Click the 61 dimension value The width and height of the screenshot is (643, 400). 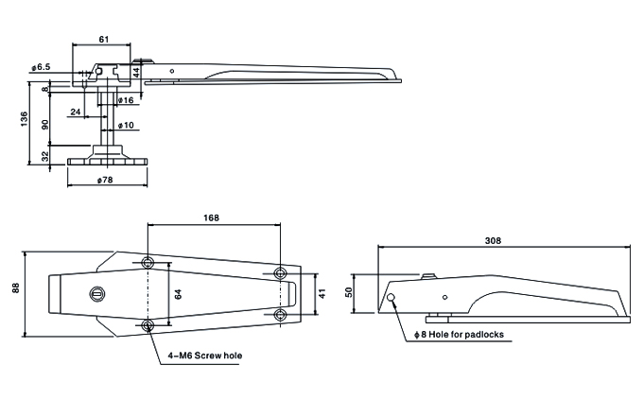click(104, 39)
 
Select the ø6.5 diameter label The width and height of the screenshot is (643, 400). click(41, 67)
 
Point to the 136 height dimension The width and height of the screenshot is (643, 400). click(24, 119)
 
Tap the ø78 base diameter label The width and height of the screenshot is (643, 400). click(105, 180)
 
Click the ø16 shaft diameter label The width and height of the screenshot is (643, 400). click(126, 100)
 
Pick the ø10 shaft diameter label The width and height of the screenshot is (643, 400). click(126, 125)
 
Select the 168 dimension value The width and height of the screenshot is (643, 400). click(211, 217)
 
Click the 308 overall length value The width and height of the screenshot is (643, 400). click(493, 240)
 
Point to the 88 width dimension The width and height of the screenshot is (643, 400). click(15, 288)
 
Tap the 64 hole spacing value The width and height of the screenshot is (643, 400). click(178, 294)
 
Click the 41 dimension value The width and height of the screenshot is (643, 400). click(322, 294)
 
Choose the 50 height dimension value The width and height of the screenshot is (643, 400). click(349, 292)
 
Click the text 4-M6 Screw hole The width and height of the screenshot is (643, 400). click(204, 356)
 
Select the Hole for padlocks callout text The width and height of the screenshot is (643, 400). click(466, 335)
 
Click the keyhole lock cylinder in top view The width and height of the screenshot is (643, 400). click(96, 293)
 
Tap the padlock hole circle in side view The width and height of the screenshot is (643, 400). click(391, 298)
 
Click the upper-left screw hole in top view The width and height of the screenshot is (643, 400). click(148, 262)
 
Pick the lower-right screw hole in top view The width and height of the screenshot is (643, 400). click(280, 315)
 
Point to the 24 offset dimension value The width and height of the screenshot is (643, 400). click(76, 112)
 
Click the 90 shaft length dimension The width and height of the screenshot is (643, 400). click(45, 124)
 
